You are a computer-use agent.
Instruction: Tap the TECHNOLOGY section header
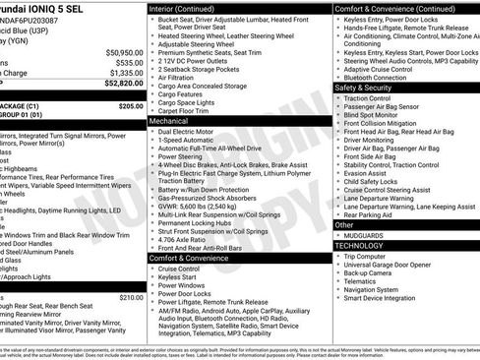[364, 245]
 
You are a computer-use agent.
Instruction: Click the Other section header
[344, 224]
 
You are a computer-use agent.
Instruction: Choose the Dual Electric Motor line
[187, 130]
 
